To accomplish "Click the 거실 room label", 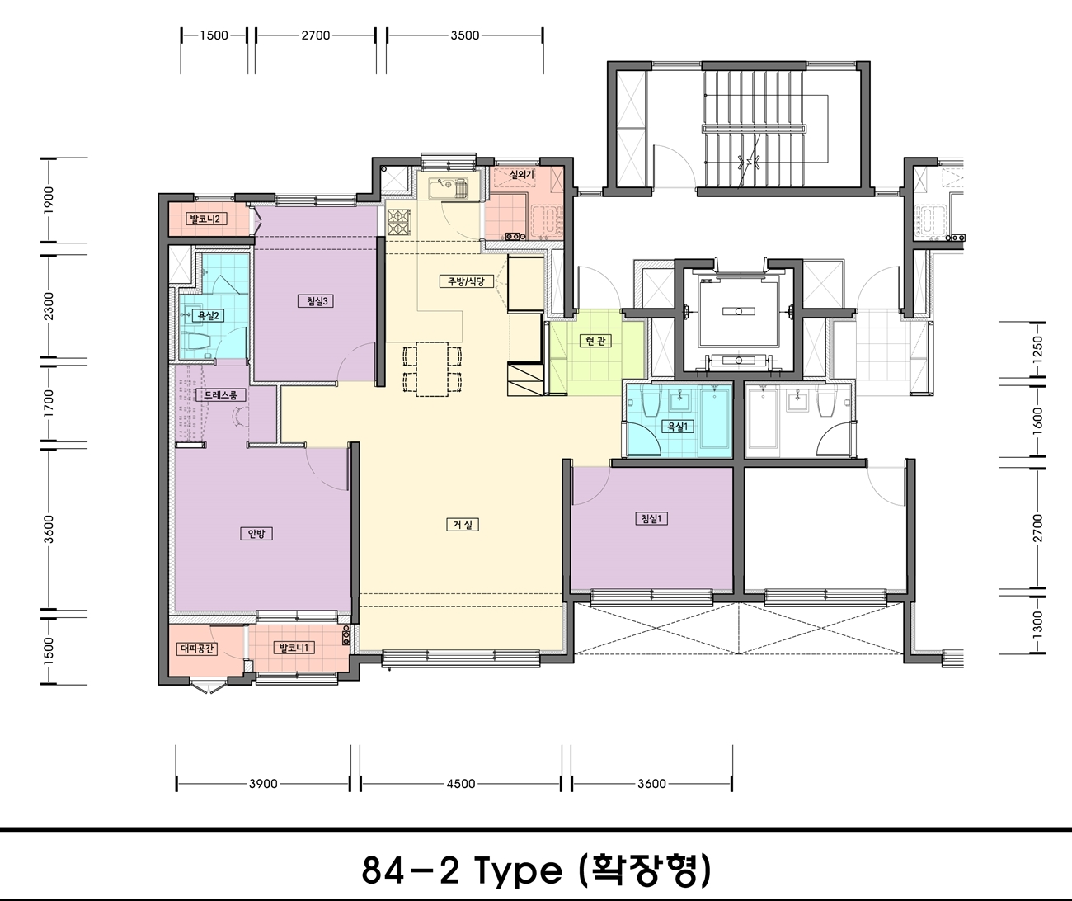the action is tap(463, 525).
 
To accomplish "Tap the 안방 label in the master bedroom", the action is tap(256, 534).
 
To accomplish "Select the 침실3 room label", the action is tap(317, 301).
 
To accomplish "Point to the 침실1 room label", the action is tap(651, 519).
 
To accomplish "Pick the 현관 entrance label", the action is tap(595, 341).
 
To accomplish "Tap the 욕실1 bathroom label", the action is tap(678, 427).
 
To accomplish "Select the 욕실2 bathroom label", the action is tap(209, 315).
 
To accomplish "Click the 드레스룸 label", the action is tap(221, 395).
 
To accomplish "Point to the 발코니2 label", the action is tap(205, 219).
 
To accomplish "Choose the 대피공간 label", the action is tap(197, 649).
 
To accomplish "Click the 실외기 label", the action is tap(522, 175).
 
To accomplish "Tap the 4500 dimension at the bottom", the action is tap(461, 784).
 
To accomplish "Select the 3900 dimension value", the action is tap(263, 784).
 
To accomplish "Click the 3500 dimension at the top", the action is tap(465, 35).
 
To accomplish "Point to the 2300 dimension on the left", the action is tap(49, 306).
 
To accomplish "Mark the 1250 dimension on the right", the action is tap(1037, 351).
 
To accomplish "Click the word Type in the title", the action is tap(518, 870).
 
